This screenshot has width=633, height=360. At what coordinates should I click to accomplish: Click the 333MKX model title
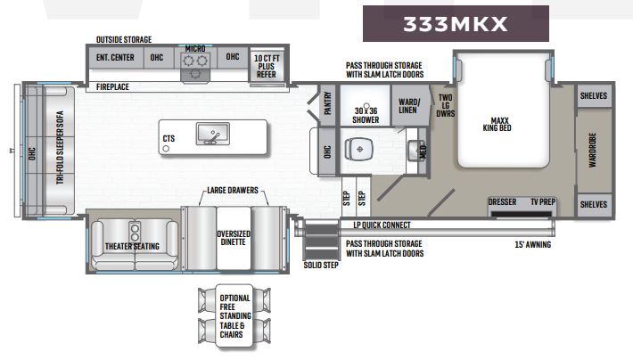(455, 24)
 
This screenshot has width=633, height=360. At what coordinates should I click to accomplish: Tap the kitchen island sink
(213, 134)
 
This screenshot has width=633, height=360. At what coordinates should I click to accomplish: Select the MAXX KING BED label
(497, 124)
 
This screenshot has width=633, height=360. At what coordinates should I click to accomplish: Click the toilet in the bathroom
(358, 149)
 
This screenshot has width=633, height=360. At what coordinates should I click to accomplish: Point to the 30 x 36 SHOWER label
(366, 116)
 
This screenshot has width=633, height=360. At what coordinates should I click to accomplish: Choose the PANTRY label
(328, 103)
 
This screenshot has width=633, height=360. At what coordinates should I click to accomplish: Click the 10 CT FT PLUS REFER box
(267, 66)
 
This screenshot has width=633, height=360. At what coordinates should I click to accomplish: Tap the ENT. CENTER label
(115, 58)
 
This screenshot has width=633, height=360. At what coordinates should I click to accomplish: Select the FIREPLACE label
(112, 86)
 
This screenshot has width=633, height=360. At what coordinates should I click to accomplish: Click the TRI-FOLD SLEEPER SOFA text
(60, 147)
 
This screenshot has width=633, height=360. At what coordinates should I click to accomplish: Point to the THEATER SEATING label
(132, 246)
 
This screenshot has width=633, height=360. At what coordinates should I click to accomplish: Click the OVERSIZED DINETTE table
(234, 238)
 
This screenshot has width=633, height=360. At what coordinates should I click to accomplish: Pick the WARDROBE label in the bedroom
(592, 150)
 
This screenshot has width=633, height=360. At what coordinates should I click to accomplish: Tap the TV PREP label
(543, 201)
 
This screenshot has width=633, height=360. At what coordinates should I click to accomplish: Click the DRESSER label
(502, 201)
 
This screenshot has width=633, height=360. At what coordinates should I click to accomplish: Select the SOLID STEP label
(321, 265)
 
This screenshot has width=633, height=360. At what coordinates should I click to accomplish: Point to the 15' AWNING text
(533, 244)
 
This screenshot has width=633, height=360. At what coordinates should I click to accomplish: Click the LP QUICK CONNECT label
(382, 225)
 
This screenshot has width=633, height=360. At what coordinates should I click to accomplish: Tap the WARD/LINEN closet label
(409, 106)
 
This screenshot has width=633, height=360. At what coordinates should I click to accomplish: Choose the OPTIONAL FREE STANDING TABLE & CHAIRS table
(234, 316)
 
